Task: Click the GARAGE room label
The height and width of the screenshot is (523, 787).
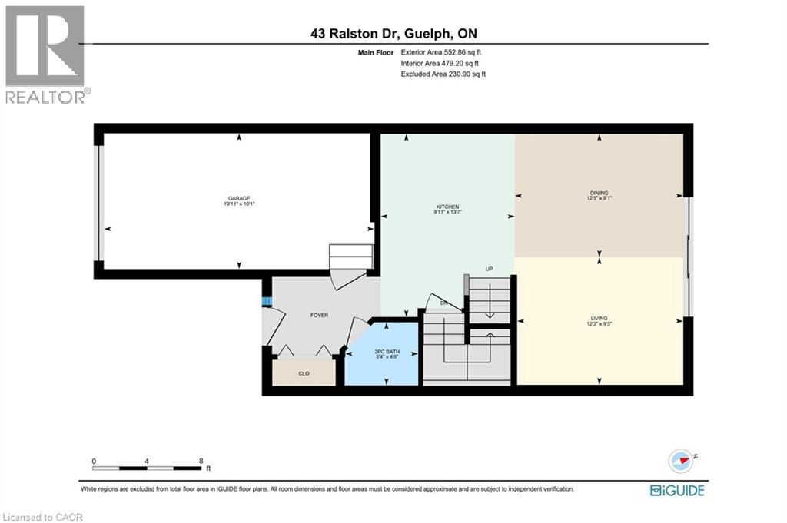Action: coord(238,198)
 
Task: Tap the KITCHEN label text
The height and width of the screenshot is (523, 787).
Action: coord(448,207)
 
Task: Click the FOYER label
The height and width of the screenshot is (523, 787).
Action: coord(320,315)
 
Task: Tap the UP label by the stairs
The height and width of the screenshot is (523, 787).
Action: coord(489,269)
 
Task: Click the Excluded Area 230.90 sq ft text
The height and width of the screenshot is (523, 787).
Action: coord(443,74)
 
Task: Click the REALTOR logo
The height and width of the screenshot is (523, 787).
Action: coord(45,54)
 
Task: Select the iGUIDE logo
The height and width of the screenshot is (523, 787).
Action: coord(677,490)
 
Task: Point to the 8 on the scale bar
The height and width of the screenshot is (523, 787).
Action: coord(201,462)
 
